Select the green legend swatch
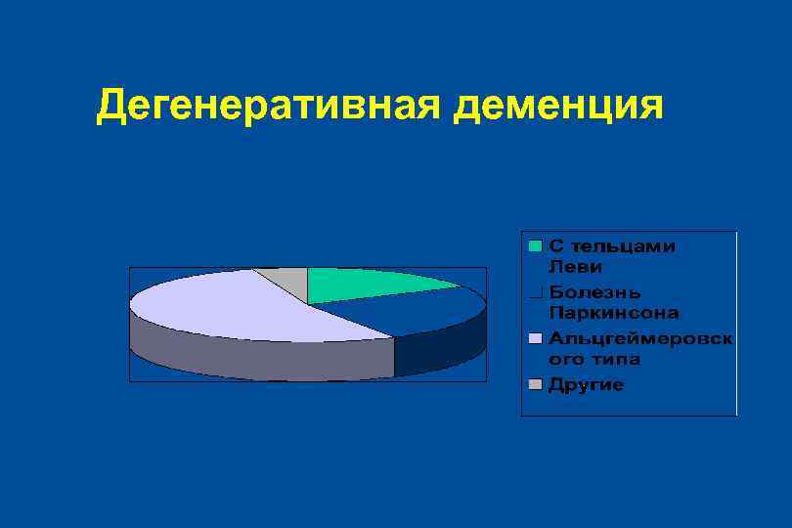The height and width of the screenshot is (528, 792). tap(535, 246)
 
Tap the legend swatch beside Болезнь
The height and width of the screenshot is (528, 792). tap(535, 292)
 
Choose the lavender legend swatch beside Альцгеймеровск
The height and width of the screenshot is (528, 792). tap(535, 338)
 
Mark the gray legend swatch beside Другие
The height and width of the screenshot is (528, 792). tap(535, 384)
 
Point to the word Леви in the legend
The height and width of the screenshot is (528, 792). tap(575, 266)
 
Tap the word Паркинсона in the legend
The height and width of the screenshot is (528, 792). tap(613, 313)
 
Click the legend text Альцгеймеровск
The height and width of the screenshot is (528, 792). tap(641, 338)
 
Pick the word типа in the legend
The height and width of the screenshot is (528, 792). tap(613, 359)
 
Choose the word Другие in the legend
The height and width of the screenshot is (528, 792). tap(586, 385)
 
